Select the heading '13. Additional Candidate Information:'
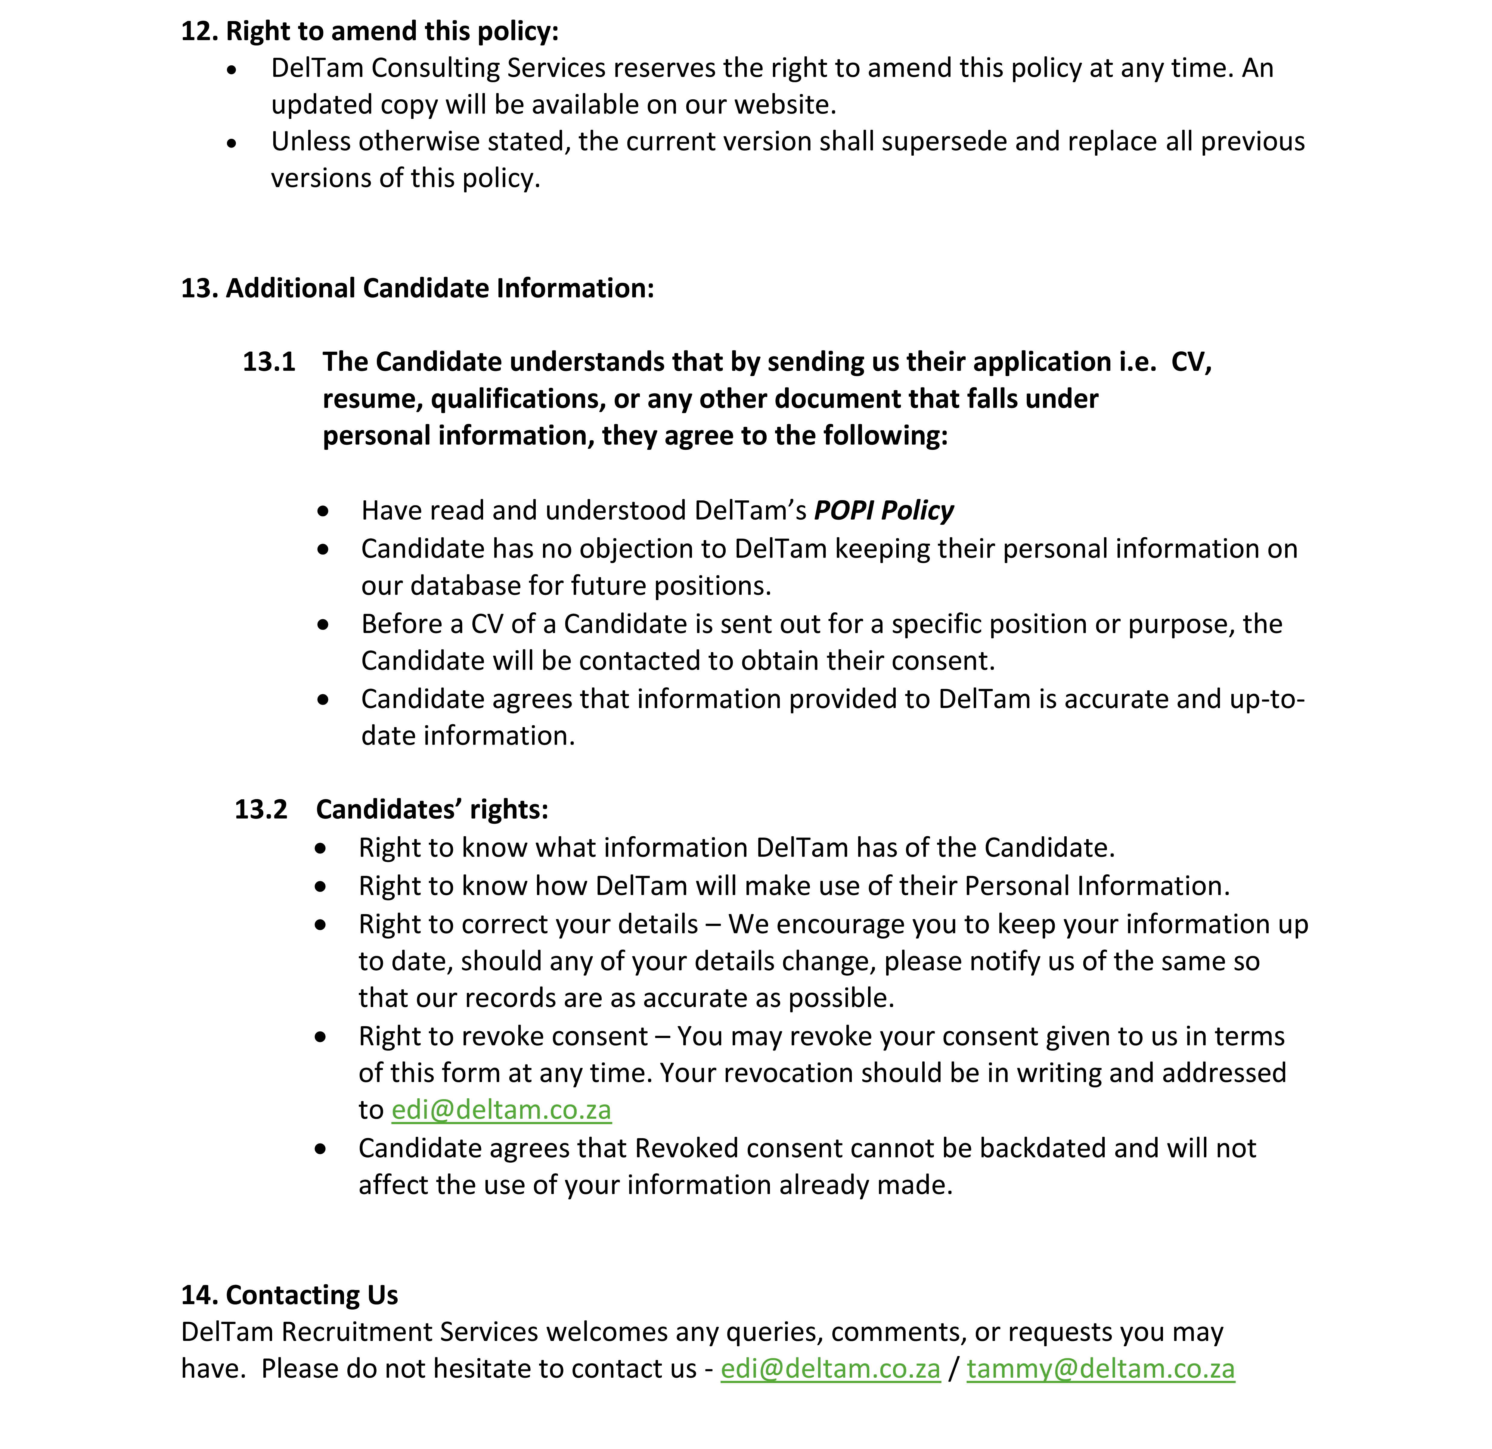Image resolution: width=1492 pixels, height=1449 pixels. point(417,289)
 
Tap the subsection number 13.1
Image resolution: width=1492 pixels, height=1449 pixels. point(269,362)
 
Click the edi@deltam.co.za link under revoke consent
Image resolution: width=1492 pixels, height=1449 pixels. point(501,1110)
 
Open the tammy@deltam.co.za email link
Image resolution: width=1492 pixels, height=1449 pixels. point(1100,1368)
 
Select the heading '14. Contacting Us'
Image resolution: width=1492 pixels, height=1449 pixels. point(289,1295)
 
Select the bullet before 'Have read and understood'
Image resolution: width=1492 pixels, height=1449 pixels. point(324,511)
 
